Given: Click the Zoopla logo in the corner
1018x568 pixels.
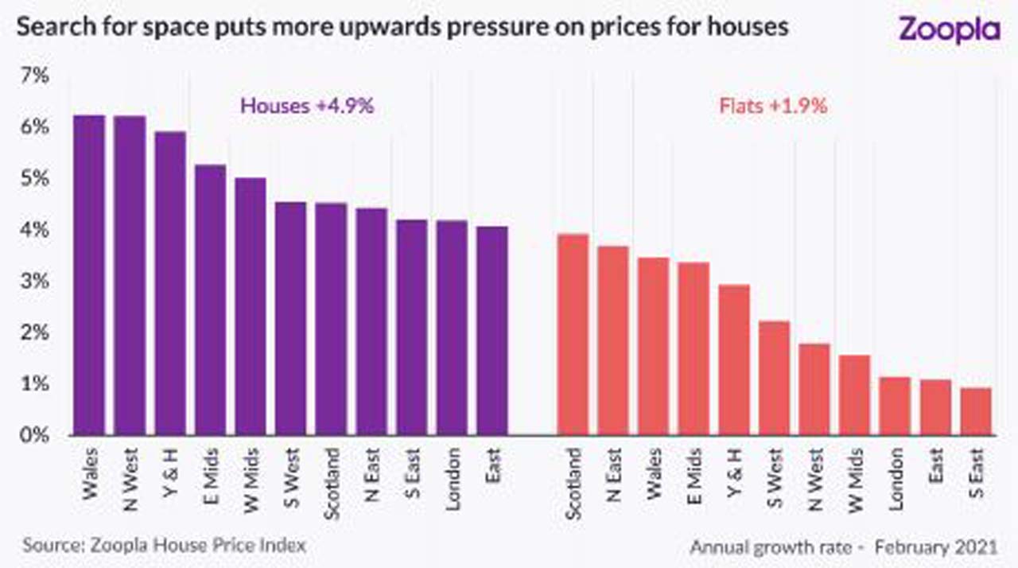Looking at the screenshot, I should [x=949, y=29].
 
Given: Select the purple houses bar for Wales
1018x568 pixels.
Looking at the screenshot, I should [x=89, y=275].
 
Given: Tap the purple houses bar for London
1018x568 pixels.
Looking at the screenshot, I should [x=452, y=328].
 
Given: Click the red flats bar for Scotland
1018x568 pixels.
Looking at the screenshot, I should [x=573, y=335].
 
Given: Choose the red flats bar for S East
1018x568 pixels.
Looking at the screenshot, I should [x=976, y=411].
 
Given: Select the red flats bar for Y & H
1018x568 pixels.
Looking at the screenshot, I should [x=734, y=360].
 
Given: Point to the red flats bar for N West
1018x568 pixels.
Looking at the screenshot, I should [x=814, y=389].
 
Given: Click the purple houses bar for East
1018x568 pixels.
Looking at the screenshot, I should [x=492, y=331].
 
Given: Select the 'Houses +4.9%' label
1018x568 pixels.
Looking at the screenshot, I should [x=307, y=106].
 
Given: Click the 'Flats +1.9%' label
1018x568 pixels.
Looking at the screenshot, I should [x=773, y=106].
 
